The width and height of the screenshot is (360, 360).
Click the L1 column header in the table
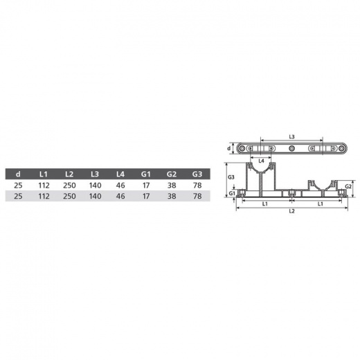click(x=44, y=174)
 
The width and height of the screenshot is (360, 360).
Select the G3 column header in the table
click(x=197, y=174)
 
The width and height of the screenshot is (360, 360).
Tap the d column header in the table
click(x=18, y=174)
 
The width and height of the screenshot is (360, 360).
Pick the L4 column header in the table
click(x=120, y=174)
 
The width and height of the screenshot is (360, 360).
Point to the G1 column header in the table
click(x=146, y=174)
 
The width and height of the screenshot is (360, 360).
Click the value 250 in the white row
click(x=69, y=186)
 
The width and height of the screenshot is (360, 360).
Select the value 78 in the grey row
click(x=197, y=196)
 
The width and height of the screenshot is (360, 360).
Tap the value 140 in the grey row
click(x=95, y=196)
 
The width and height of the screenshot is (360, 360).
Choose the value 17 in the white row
click(x=146, y=186)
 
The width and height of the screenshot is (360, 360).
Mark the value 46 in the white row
click(x=120, y=186)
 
